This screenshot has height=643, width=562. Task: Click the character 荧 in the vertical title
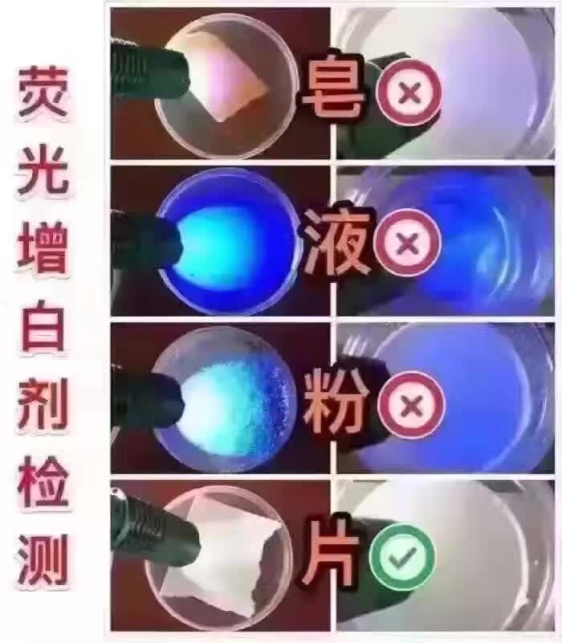click(43, 92)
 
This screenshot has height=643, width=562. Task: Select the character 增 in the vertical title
click(43, 248)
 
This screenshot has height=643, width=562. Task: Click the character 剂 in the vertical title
click(43, 403)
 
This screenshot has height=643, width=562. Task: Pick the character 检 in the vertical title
click(43, 481)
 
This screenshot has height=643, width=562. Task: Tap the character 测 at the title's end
click(43, 559)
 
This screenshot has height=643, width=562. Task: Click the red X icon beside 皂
click(409, 92)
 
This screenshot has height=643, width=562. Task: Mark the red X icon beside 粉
click(411, 405)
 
